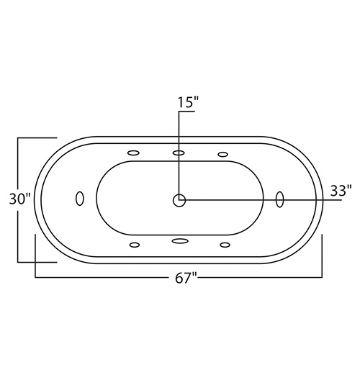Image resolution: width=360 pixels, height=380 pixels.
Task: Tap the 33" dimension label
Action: pos(341,191)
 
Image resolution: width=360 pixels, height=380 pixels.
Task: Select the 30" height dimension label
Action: pos(20,199)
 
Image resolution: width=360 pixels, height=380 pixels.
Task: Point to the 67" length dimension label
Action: pos(186,278)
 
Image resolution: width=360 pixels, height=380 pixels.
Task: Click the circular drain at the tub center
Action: pos(179,200)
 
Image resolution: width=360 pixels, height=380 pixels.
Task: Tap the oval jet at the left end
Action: pos(80,199)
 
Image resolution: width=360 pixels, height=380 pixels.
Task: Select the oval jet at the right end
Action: pos(279,199)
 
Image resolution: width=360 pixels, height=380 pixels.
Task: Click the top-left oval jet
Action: pos(133,153)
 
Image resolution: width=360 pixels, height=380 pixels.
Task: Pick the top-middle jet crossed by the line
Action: pos(179,153)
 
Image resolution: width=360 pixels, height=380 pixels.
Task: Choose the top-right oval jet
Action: pos(222,154)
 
